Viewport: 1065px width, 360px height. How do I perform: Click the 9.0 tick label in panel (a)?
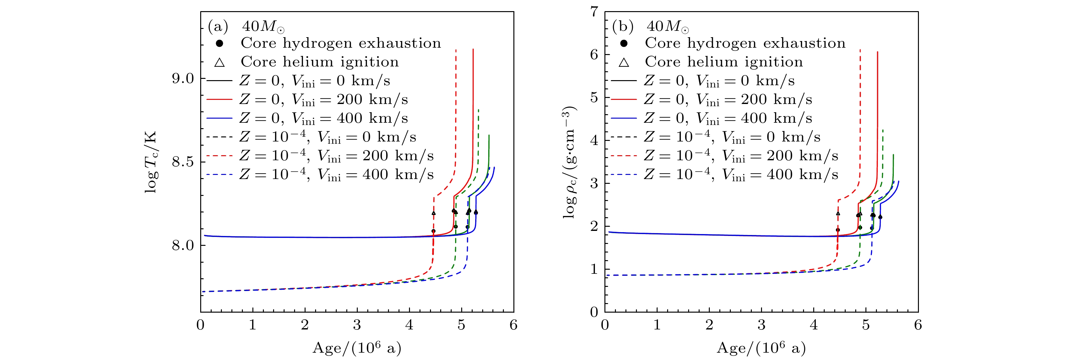coord(183,79)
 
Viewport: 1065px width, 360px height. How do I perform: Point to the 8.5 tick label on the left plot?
coord(183,162)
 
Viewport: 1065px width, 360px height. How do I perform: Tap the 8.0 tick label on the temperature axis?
coord(183,245)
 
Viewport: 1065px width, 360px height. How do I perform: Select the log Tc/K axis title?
coord(151,162)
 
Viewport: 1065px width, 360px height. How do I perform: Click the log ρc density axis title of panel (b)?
coord(570,162)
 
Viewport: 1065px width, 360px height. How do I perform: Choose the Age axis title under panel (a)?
coord(357,348)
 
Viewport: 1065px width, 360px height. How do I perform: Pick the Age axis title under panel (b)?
coord(761,348)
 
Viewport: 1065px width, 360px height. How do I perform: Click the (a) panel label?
coord(218,26)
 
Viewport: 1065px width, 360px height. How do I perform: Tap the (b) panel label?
coord(623,26)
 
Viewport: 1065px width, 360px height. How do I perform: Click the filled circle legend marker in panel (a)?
coord(220,43)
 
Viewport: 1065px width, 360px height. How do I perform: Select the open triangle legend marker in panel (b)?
coord(624,62)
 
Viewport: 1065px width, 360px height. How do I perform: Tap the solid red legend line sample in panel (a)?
coord(219,100)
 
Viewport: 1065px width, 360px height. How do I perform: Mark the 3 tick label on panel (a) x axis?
coord(357,325)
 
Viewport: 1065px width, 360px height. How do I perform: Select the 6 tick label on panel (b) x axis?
coord(918,325)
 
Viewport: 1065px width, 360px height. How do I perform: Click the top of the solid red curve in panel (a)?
coord(473,50)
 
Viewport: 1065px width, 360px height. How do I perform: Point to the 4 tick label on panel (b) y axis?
coord(594,141)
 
